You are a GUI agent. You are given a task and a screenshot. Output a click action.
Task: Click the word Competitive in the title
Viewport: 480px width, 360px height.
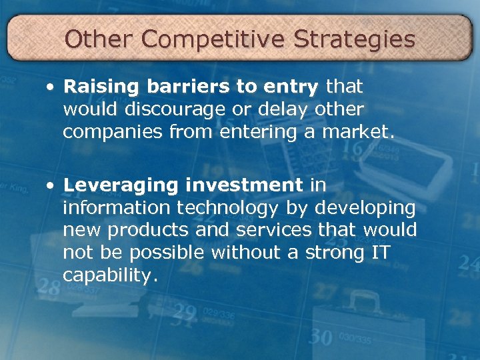[213, 39]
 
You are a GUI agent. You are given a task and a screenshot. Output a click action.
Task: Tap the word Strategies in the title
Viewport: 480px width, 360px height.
[354, 39]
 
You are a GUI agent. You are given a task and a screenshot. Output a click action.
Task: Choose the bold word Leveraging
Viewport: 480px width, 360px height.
[115, 185]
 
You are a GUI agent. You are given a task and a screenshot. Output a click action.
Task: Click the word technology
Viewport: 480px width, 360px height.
[227, 209]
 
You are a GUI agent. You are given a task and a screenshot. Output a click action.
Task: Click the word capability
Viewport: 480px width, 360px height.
[111, 275]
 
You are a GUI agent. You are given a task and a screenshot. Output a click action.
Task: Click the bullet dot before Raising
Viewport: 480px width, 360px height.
[51, 87]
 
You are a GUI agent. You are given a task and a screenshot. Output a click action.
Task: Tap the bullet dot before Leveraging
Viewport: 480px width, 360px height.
[51, 185]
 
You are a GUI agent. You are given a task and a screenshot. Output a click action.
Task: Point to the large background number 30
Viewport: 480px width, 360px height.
[321, 337]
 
